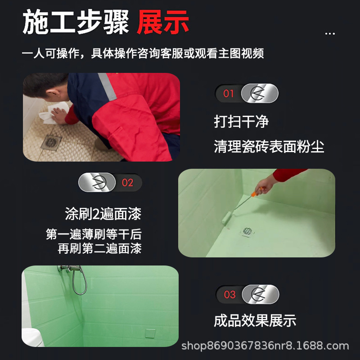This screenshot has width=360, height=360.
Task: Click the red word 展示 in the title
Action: pos(163,22)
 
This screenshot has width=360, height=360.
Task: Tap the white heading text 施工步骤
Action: pos(76,22)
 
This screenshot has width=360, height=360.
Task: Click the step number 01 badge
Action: pos(229,94)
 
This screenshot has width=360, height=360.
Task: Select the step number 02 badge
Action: pos(128,183)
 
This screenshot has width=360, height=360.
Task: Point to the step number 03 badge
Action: pos(229,295)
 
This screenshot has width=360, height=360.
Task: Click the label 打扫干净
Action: pos(241,121)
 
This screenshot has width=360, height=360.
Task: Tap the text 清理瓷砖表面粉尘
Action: pos(269,147)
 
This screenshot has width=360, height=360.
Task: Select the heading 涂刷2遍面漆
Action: pos(103,214)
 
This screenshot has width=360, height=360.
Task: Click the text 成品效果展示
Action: pos(255,320)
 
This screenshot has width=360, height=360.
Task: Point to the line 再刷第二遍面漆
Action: pos(99,248)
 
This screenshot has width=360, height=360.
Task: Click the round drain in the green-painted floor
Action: pos(248,231)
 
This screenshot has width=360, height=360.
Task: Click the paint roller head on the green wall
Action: pos(225,219)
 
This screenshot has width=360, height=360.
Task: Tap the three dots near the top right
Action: pos(330,34)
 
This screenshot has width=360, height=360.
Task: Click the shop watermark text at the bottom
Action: pos(265,346)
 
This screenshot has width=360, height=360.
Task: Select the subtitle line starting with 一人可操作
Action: pos(143,54)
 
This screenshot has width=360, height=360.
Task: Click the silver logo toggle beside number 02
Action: pos(97,183)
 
